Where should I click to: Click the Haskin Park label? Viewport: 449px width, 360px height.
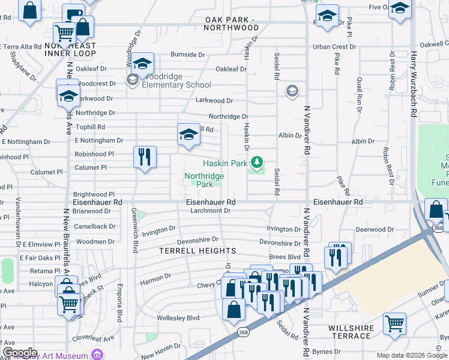(224, 163)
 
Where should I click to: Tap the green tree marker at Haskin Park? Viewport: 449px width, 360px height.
(257, 162)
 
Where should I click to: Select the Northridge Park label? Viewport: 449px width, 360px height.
(203, 180)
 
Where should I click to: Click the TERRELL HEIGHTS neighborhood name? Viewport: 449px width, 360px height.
(197, 250)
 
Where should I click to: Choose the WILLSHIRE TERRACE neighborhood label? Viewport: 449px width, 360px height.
(351, 332)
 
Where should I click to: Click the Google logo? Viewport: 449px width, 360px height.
(20, 353)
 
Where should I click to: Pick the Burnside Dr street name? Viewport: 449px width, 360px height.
(187, 55)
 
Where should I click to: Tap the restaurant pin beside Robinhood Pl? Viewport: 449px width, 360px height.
(144, 157)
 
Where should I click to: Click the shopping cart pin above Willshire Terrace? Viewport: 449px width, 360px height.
(395, 324)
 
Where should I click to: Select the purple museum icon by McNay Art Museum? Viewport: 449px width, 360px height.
(95, 355)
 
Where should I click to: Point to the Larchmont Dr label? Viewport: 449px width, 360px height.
(210, 211)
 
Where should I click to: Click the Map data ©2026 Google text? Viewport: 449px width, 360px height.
(411, 355)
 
